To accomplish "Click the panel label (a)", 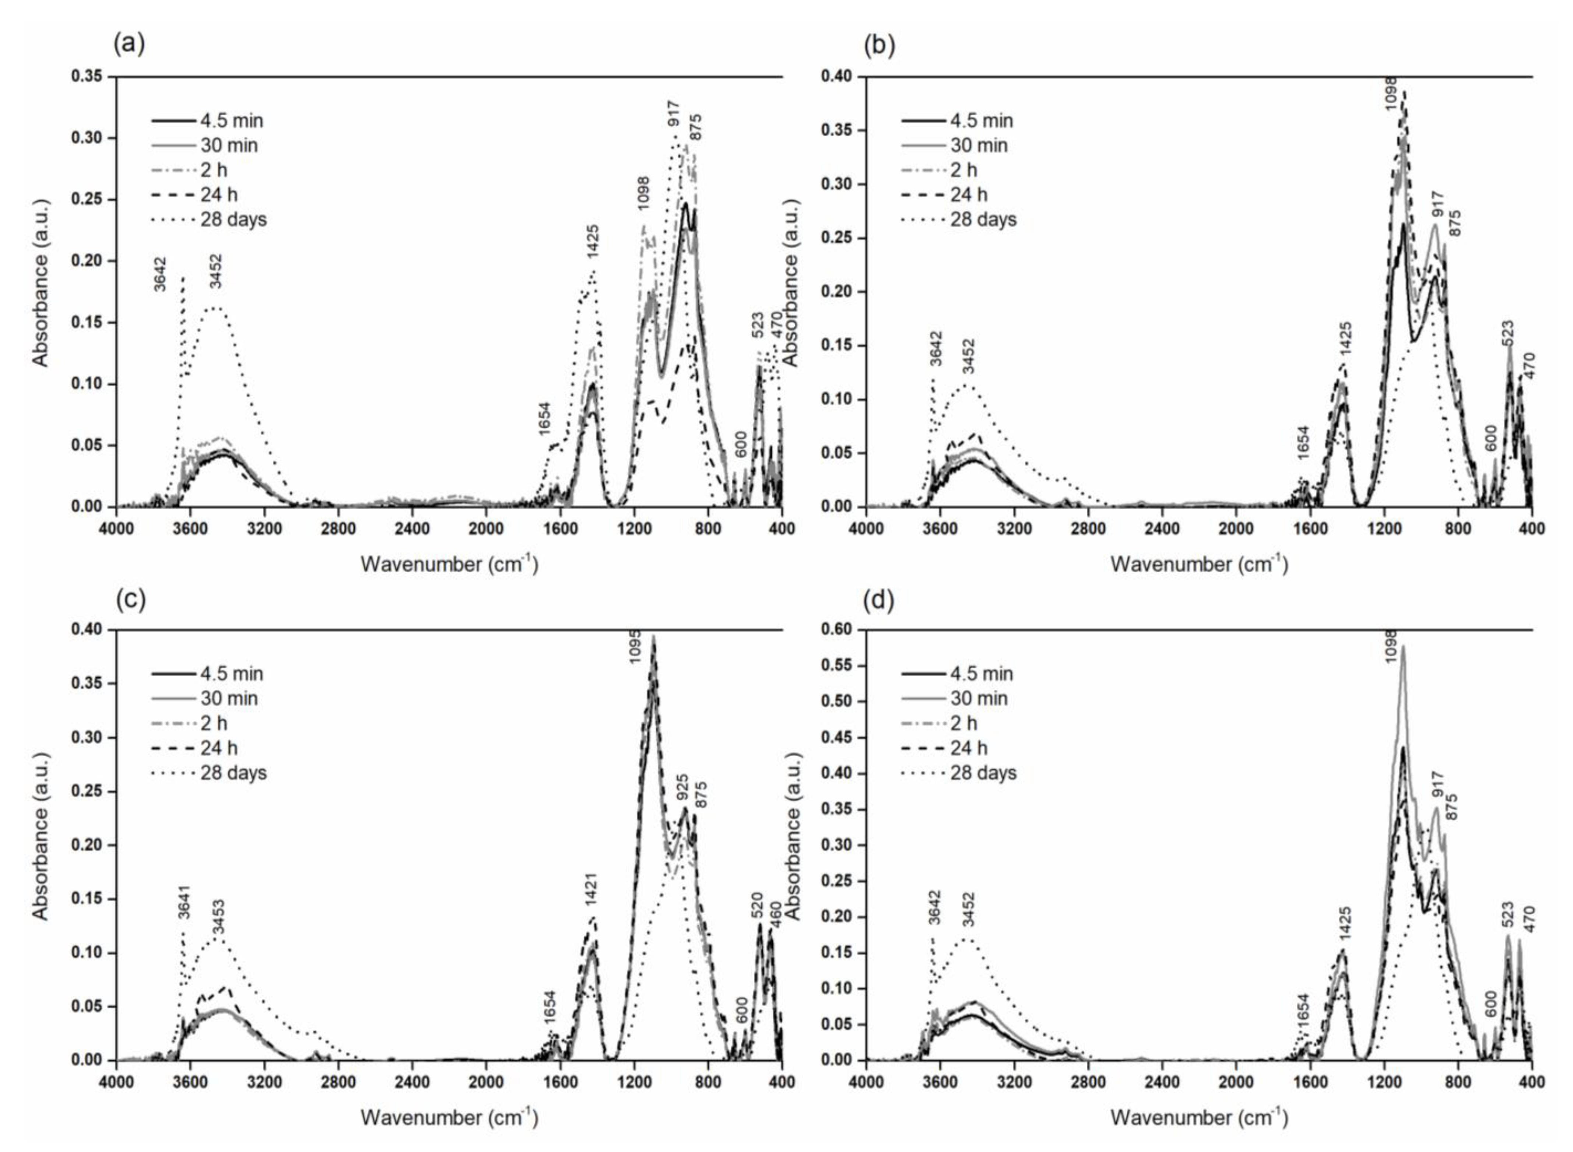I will pos(129,45).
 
